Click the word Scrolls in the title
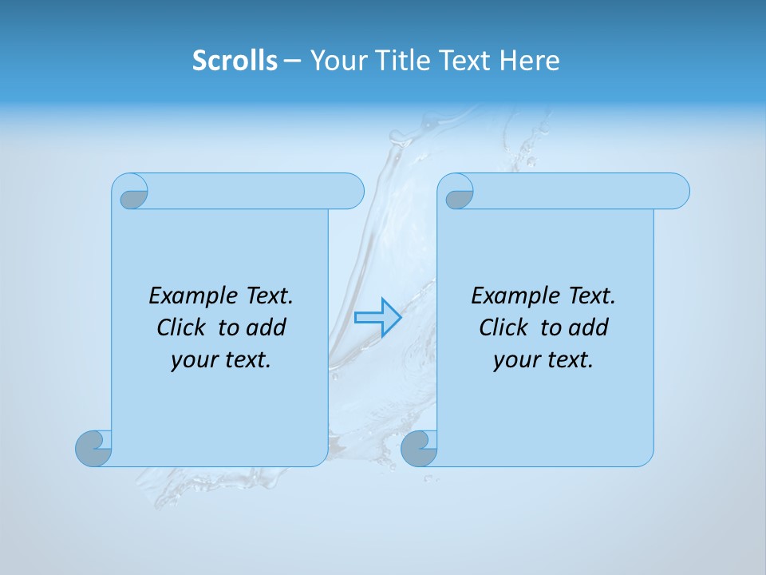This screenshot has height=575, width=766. click(x=235, y=60)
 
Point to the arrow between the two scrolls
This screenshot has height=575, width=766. click(x=377, y=317)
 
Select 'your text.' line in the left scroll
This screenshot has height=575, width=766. click(x=221, y=360)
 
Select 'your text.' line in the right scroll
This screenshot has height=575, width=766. click(x=543, y=360)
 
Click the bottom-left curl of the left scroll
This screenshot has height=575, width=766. click(x=94, y=448)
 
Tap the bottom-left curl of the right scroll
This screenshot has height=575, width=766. click(x=419, y=448)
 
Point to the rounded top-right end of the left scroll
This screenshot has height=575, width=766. click(x=351, y=191)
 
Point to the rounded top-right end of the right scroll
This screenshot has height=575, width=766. click(x=677, y=191)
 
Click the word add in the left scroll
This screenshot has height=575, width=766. click(x=267, y=327)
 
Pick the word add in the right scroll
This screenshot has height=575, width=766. click(x=589, y=327)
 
